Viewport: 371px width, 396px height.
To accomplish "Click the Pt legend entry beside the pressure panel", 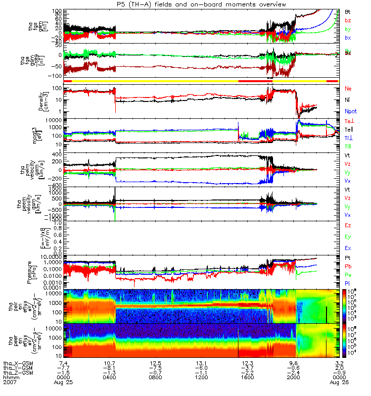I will pos(347,259).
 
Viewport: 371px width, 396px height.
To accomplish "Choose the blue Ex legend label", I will pos(347,247).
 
